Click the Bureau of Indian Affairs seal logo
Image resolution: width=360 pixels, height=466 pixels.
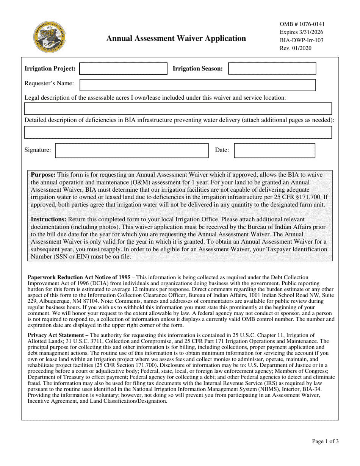49,37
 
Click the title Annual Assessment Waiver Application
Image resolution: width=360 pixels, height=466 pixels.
176,38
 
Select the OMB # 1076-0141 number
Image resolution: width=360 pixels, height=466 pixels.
302,24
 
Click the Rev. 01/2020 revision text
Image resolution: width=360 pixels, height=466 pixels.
296,48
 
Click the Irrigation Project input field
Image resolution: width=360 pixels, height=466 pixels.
123,69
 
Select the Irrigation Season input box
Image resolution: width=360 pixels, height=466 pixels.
272,69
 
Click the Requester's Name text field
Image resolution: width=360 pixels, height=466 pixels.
197,85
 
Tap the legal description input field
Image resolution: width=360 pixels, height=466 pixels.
178,109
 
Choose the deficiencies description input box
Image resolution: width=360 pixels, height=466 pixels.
178,132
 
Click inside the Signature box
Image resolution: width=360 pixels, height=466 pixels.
132,150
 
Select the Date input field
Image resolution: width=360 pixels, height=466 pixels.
274,150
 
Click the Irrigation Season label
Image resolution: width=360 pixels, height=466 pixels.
198,69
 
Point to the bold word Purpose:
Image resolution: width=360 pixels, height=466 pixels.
43,175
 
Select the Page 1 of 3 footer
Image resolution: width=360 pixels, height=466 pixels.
325,441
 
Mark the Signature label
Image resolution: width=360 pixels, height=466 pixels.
38,150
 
